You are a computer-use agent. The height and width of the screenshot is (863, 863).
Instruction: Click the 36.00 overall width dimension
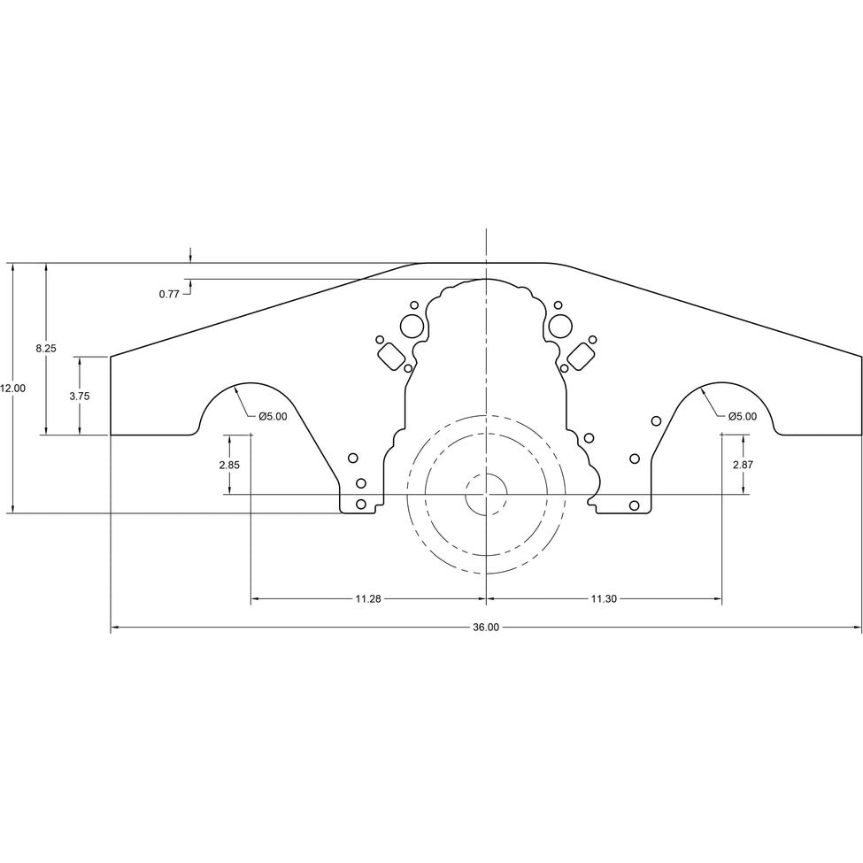click(486, 628)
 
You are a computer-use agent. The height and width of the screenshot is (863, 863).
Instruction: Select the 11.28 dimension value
click(368, 599)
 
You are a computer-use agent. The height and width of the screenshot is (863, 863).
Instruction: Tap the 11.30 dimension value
click(604, 599)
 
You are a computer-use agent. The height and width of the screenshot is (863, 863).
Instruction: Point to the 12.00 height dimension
click(13, 388)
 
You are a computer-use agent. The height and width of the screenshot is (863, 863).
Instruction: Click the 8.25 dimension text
click(46, 349)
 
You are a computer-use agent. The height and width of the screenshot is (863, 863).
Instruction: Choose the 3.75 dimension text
click(80, 397)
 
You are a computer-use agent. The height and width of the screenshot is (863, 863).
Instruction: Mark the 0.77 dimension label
click(169, 294)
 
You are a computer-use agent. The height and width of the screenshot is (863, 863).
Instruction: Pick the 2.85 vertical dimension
click(229, 465)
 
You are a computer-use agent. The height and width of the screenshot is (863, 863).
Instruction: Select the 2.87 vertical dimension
click(744, 465)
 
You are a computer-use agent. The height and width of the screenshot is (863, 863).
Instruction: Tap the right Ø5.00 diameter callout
click(743, 416)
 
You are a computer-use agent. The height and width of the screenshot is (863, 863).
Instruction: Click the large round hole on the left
click(412, 326)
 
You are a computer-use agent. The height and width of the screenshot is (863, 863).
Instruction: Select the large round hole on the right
click(559, 326)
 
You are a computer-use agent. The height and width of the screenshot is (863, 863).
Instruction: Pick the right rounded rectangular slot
click(580, 357)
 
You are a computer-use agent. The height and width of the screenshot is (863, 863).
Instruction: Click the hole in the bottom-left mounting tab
click(360, 505)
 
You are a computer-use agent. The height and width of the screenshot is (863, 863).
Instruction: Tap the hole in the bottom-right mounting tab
click(634, 505)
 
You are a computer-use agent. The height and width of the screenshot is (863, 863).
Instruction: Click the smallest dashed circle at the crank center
click(486, 494)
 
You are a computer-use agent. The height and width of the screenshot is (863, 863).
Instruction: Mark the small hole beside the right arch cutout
click(656, 420)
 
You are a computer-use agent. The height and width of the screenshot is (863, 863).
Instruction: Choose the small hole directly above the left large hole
click(412, 304)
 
